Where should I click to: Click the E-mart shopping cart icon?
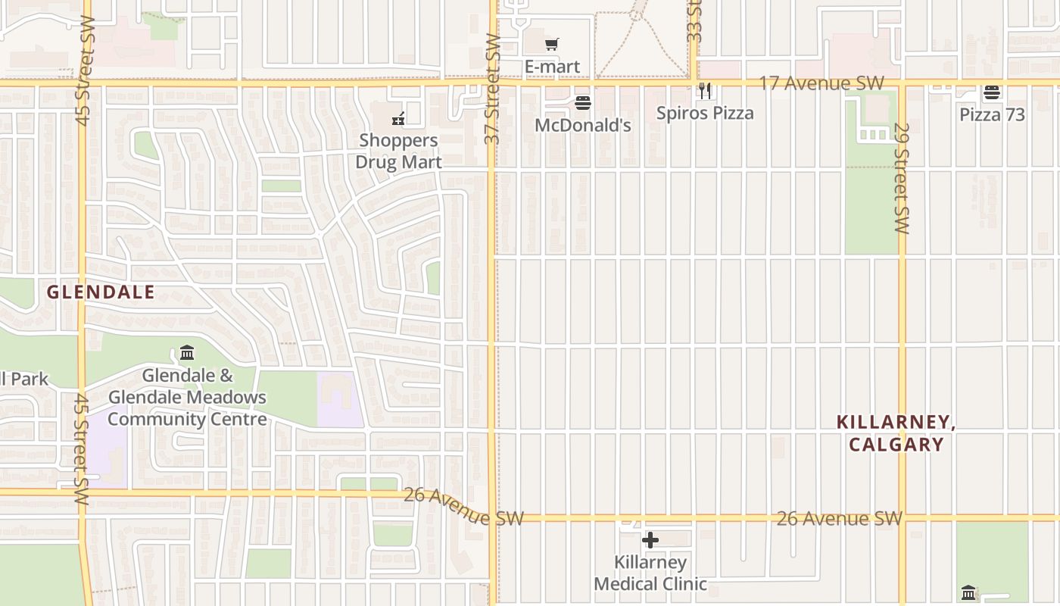(552, 45)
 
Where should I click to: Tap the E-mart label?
(553, 67)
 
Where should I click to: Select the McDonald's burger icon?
(583, 103)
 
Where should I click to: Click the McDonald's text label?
(583, 125)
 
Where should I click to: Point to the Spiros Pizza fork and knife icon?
(706, 91)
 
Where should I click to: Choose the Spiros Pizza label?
(705, 113)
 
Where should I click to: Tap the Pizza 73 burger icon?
(992, 93)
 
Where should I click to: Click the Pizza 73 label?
(992, 114)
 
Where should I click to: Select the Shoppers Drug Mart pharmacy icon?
(398, 119)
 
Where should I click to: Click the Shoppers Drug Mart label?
(398, 151)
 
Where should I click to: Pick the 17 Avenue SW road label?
(821, 83)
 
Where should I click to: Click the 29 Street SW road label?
(901, 178)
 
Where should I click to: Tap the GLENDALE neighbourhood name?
(101, 292)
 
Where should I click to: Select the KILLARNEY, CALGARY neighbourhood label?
(896, 433)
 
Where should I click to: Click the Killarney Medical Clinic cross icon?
(650, 540)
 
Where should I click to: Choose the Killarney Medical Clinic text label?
(650, 573)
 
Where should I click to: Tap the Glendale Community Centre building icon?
(187, 353)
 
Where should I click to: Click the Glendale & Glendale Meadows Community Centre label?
(188, 398)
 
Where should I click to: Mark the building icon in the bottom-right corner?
(969, 592)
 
